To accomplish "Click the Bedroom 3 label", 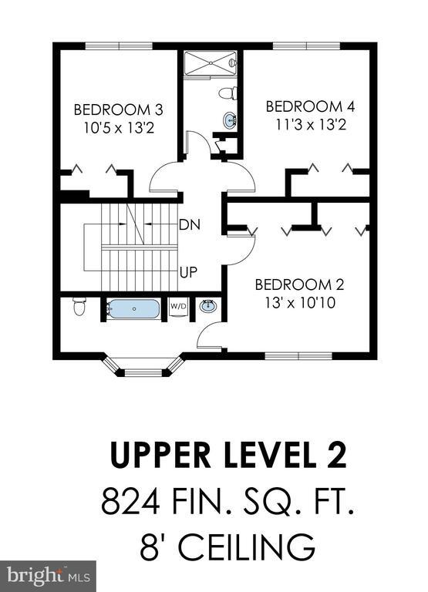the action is click(118, 110).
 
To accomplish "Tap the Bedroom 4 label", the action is click(311, 106).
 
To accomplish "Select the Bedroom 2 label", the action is click(299, 284).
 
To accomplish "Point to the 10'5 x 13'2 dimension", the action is click(119, 128).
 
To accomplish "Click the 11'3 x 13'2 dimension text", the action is click(311, 124).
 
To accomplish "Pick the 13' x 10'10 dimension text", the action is click(300, 303).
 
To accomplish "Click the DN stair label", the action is click(190, 225).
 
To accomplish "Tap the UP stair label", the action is click(188, 272).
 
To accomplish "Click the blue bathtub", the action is click(133, 309).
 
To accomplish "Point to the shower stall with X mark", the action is click(210, 63).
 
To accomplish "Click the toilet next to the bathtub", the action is click(79, 306).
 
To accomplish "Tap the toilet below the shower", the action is click(227, 93).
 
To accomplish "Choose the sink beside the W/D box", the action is click(207, 306).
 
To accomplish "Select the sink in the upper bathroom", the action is click(230, 121).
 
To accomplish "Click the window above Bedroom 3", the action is click(119, 46).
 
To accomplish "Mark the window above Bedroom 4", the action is click(306, 46).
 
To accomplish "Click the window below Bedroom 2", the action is click(298, 355).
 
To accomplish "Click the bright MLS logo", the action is click(48, 576).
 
